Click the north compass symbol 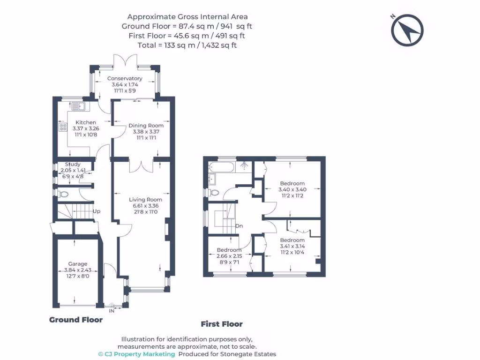[407, 30]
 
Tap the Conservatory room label [125, 78]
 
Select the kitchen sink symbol [78, 106]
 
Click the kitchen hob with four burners [63, 127]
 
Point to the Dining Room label [146, 126]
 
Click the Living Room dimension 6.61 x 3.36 [146, 206]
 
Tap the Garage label [78, 264]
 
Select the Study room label [73, 165]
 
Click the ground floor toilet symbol [64, 194]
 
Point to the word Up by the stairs [97, 211]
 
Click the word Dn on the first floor [239, 226]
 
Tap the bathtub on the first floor [222, 167]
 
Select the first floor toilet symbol [213, 193]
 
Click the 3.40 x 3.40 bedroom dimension [292, 189]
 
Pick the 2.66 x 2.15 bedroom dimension [229, 256]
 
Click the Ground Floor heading [76, 320]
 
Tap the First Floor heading [222, 324]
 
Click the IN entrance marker [112, 311]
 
